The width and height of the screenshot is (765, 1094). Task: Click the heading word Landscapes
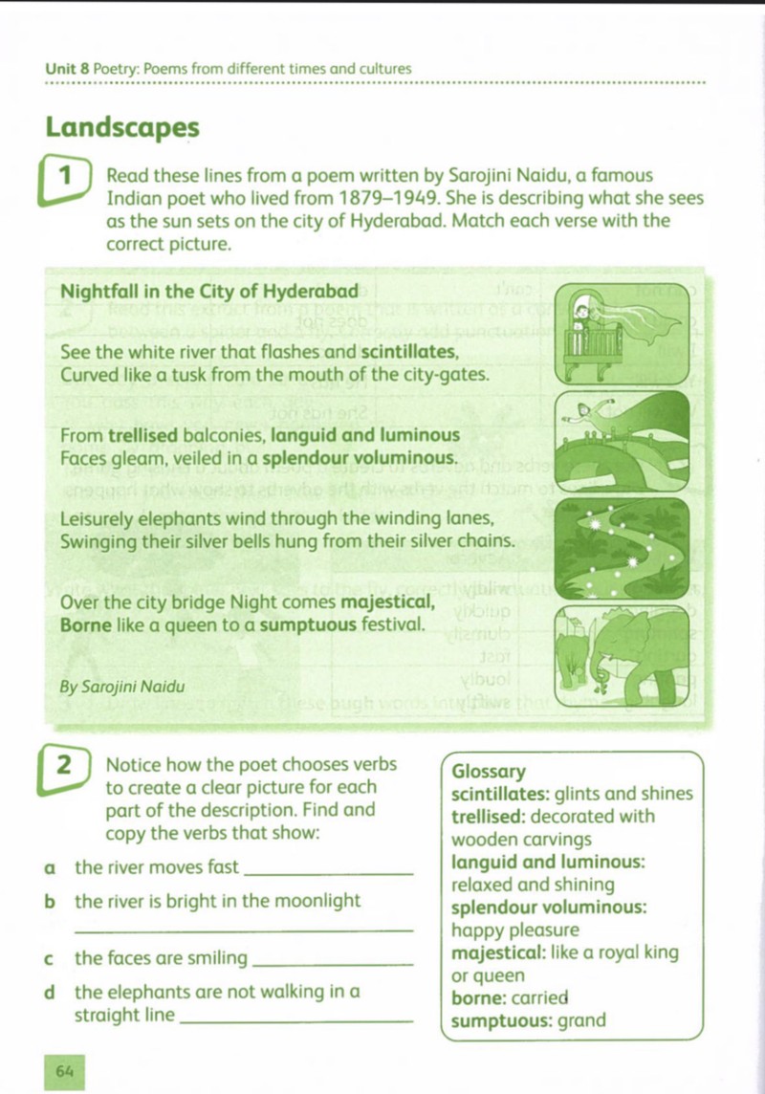click(x=122, y=128)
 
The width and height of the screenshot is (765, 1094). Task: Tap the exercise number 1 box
click(x=66, y=181)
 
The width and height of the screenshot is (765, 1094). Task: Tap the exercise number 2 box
click(x=65, y=771)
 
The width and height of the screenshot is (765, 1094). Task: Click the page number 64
click(x=64, y=1072)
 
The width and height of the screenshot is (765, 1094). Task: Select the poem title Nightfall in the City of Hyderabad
click(x=209, y=292)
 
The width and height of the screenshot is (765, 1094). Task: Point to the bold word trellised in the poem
click(x=142, y=435)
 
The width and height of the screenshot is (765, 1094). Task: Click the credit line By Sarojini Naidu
click(x=122, y=687)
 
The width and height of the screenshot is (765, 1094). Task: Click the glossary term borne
click(x=479, y=998)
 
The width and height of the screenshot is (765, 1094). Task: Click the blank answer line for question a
click(x=331, y=875)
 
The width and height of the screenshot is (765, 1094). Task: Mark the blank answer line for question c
click(x=332, y=966)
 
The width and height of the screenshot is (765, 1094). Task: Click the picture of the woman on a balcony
click(x=623, y=334)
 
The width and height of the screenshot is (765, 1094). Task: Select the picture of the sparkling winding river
click(x=623, y=549)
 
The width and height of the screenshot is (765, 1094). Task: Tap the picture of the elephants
click(x=623, y=657)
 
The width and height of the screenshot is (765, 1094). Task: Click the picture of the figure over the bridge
click(x=623, y=442)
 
